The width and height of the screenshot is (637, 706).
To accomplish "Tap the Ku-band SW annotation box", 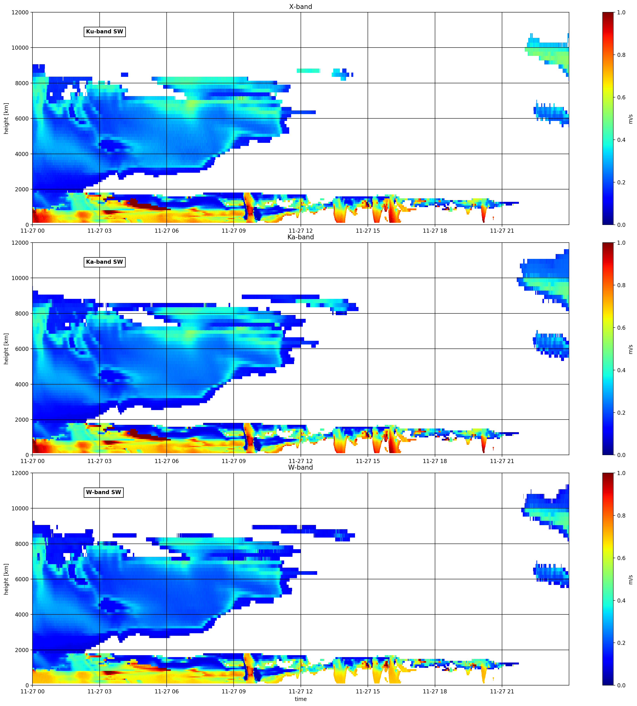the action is coord(105,31).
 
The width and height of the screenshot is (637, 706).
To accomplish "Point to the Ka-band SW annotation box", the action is coord(105,262).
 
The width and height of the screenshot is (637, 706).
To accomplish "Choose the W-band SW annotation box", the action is coord(104,492).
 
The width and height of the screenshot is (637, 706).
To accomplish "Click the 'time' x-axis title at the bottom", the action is coord(301,699).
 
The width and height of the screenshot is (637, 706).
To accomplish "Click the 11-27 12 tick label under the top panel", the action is coord(301,231).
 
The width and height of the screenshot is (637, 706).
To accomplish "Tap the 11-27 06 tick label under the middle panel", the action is coord(167,461).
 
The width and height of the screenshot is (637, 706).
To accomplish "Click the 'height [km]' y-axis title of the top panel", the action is coord(6,119).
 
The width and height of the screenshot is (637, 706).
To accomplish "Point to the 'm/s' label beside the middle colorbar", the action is coord(631,349).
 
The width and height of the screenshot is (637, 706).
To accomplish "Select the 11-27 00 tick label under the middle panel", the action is coord(33,461).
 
